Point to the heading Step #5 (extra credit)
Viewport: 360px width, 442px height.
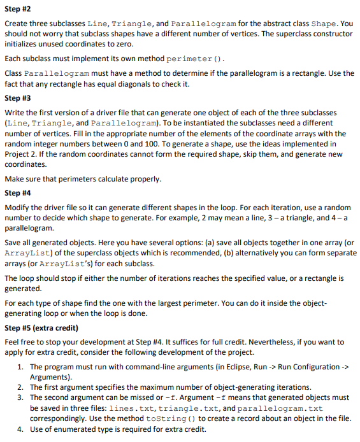tap(43, 328)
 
